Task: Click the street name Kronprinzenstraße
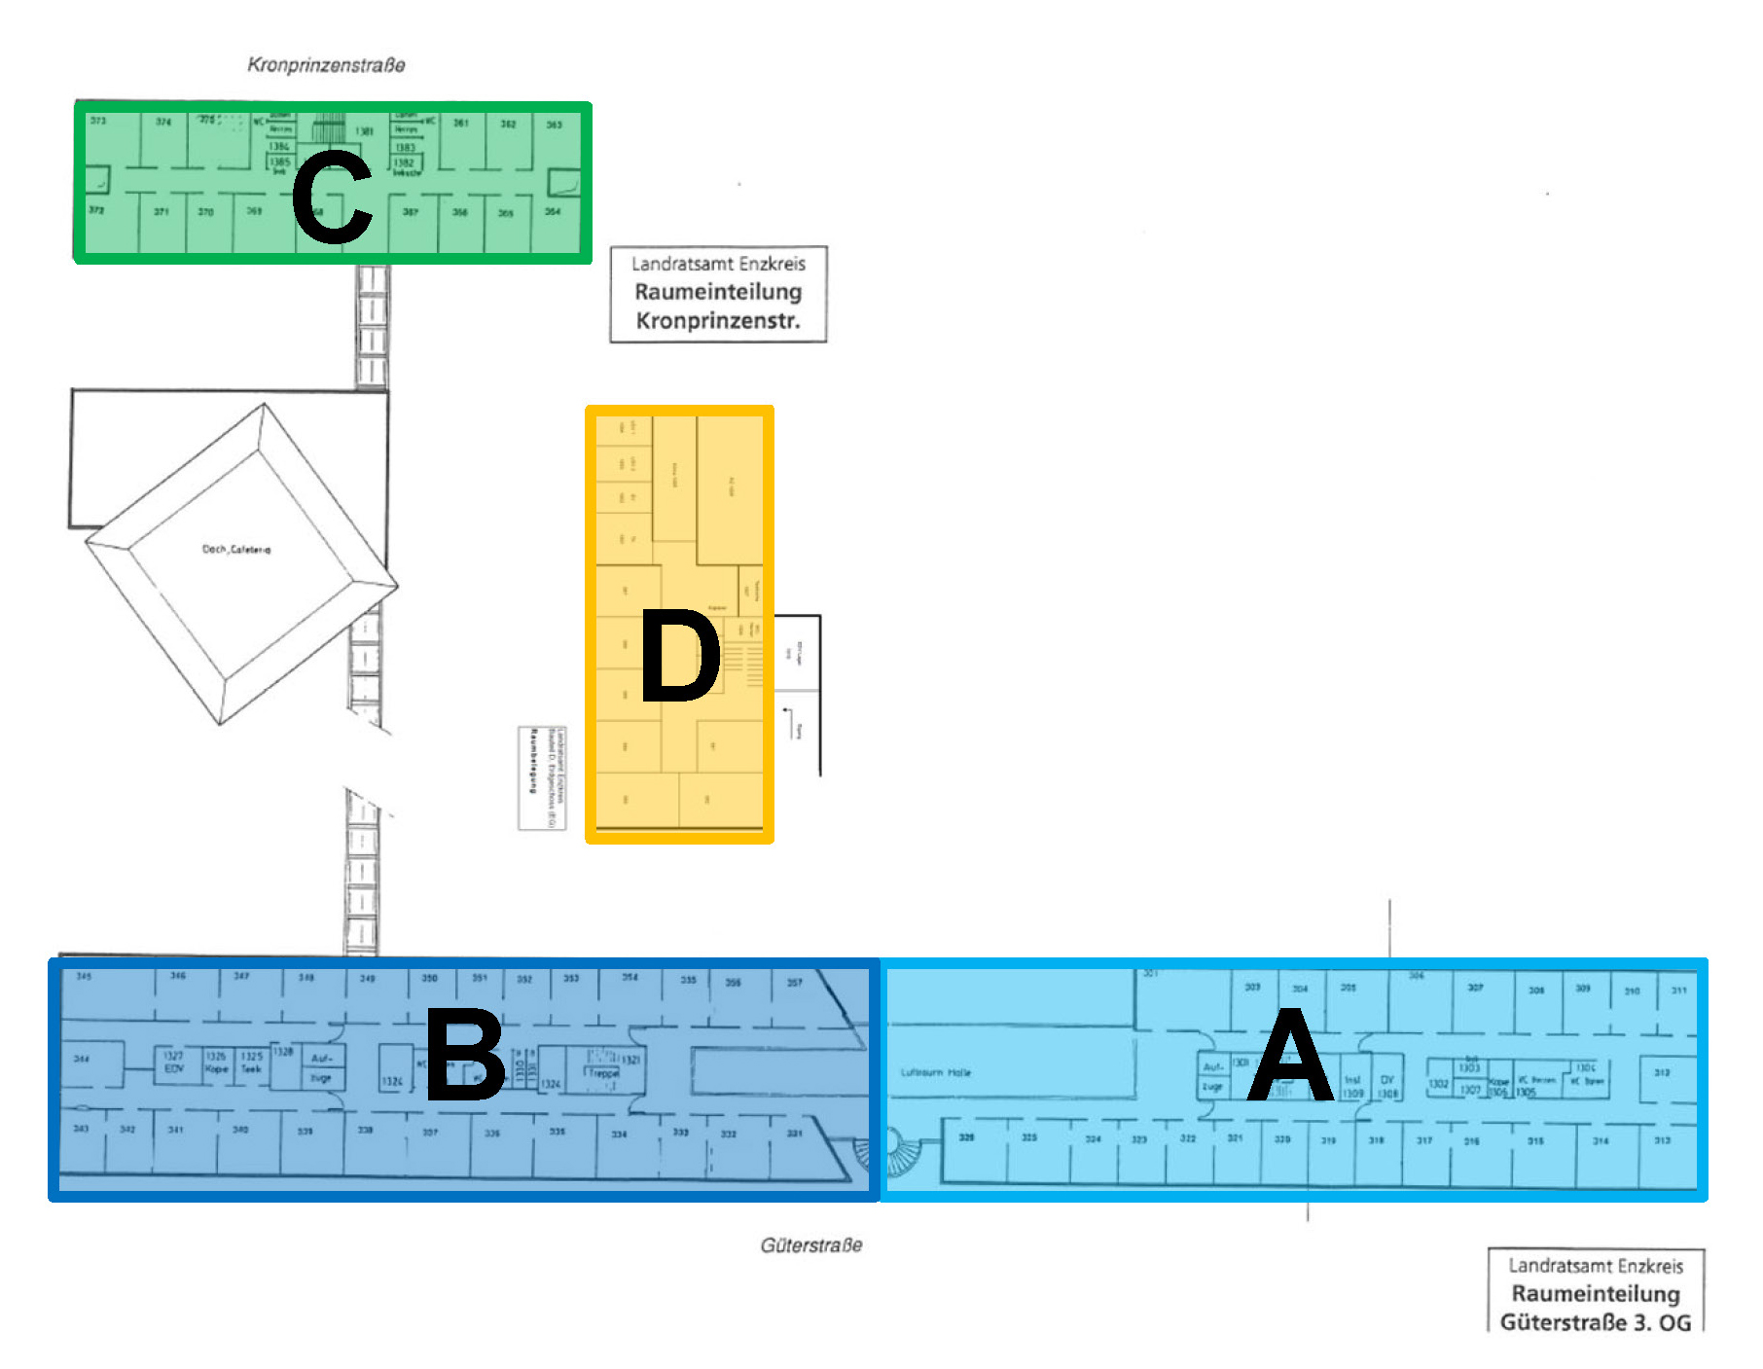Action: coord(326,65)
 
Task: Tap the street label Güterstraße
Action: coord(811,1245)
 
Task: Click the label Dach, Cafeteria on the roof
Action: coord(236,550)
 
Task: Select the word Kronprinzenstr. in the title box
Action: coord(718,321)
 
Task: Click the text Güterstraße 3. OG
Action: coord(1596,1322)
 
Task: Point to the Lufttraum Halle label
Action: coord(935,1072)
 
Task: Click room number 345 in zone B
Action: coord(84,976)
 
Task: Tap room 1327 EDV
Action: coord(173,1062)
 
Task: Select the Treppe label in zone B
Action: coord(603,1073)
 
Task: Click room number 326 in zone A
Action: coord(966,1136)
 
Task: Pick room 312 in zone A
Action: coord(1662,1073)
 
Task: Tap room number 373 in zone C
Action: coord(98,121)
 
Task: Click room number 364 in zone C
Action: coord(553,211)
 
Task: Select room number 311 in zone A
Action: coord(1679,991)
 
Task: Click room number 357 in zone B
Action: coord(795,983)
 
